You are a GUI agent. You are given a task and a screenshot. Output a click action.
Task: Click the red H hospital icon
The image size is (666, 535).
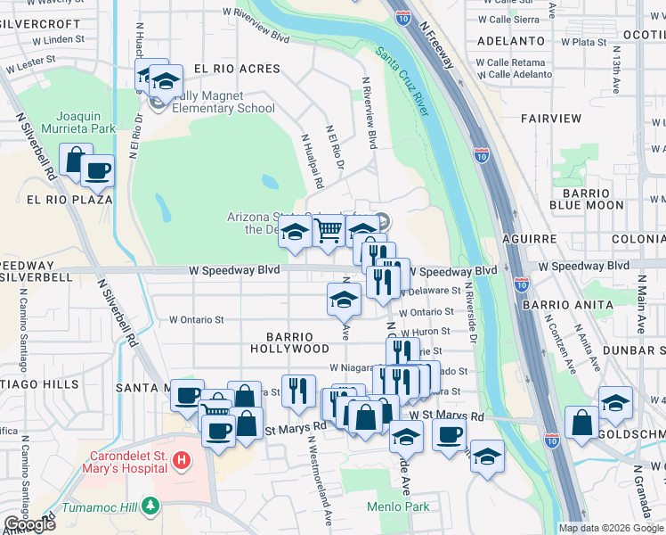182,461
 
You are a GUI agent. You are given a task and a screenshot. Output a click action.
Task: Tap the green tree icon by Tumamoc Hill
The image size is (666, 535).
150,506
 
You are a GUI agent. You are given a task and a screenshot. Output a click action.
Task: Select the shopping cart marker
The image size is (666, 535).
329,231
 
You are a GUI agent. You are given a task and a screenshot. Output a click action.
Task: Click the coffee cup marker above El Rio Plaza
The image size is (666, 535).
97,169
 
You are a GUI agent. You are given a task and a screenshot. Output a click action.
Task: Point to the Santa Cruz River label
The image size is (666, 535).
402,82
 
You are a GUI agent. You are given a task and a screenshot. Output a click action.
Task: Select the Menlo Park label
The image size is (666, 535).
398,506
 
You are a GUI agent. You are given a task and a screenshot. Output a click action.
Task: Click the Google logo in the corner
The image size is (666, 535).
29,524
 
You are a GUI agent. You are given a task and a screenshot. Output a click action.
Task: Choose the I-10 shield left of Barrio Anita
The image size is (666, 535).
521,285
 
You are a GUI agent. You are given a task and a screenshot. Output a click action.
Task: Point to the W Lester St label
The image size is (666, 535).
31,60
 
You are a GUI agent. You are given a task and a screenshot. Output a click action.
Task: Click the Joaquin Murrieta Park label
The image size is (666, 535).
85,122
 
